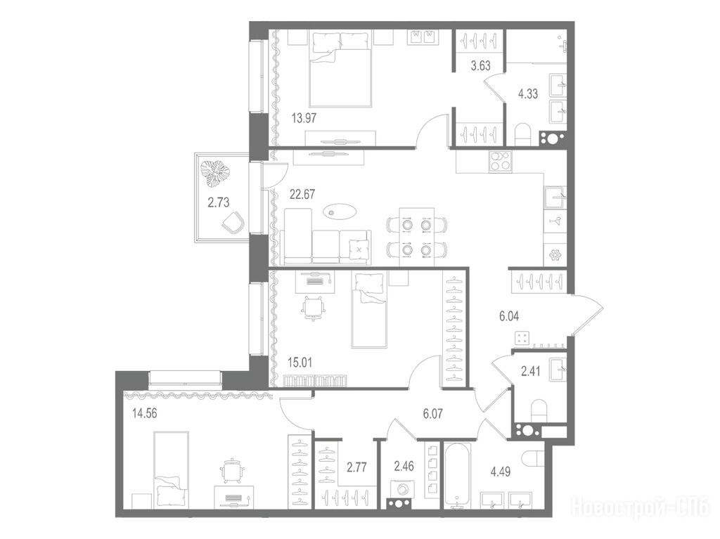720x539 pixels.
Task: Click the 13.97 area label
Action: click(x=304, y=118)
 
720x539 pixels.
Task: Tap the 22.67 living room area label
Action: click(x=302, y=194)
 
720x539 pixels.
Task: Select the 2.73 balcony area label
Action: click(x=218, y=202)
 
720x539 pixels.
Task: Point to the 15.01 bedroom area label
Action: click(x=300, y=363)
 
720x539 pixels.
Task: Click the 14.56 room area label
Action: click(x=144, y=414)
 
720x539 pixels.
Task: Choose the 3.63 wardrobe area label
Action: click(x=480, y=65)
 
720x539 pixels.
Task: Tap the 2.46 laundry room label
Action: click(x=404, y=467)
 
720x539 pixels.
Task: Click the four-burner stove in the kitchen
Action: click(x=500, y=162)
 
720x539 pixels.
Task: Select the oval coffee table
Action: click(x=339, y=212)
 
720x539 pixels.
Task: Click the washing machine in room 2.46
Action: click(x=402, y=489)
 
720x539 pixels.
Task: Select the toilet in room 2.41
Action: click(x=539, y=410)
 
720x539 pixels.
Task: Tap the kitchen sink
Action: click(x=555, y=197)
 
